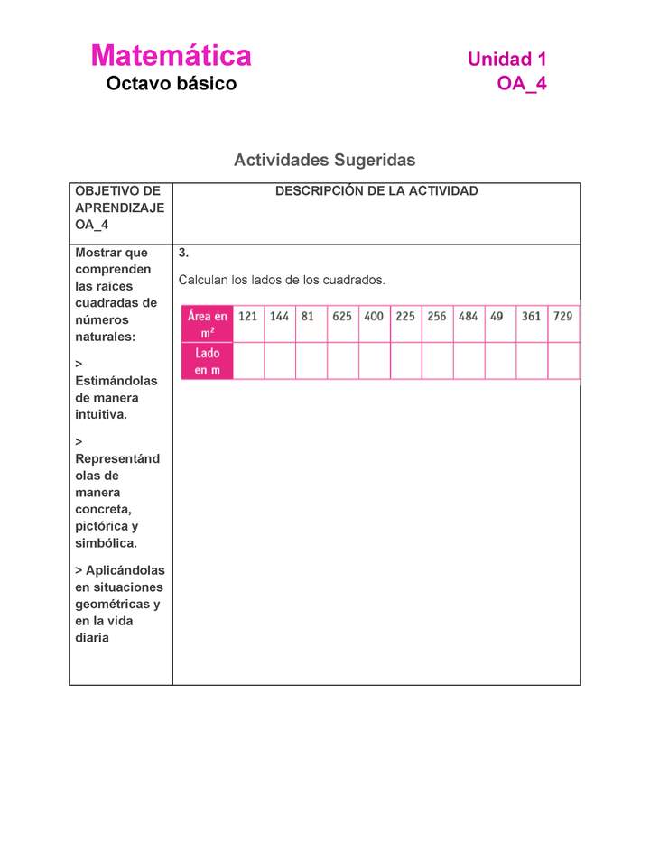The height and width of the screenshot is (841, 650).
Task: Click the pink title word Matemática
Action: click(x=171, y=56)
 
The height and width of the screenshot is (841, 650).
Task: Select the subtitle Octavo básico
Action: click(x=171, y=84)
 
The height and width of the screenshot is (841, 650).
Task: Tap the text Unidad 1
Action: click(x=506, y=60)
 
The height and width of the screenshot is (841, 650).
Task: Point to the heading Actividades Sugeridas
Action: click(x=324, y=160)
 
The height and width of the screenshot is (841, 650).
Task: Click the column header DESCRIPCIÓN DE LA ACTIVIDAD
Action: click(x=376, y=191)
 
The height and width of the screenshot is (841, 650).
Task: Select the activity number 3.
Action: click(x=183, y=253)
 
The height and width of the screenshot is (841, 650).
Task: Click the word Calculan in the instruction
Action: click(x=203, y=280)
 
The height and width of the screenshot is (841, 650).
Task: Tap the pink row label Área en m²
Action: click(x=207, y=324)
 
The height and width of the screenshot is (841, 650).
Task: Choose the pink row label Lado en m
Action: click(x=207, y=361)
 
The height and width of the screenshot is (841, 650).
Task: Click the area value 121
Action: click(x=247, y=317)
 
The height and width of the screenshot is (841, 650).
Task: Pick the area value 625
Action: click(x=342, y=317)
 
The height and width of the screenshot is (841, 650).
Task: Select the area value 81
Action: click(x=308, y=317)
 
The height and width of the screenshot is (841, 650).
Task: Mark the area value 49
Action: click(x=497, y=317)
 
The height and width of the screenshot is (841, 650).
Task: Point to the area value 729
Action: click(x=562, y=317)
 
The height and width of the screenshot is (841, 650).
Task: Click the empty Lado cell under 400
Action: click(x=374, y=361)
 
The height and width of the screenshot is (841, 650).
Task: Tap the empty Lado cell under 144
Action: click(x=279, y=361)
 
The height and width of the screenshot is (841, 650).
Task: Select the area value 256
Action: click(x=437, y=317)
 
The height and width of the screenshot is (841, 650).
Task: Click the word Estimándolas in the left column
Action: click(x=116, y=381)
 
